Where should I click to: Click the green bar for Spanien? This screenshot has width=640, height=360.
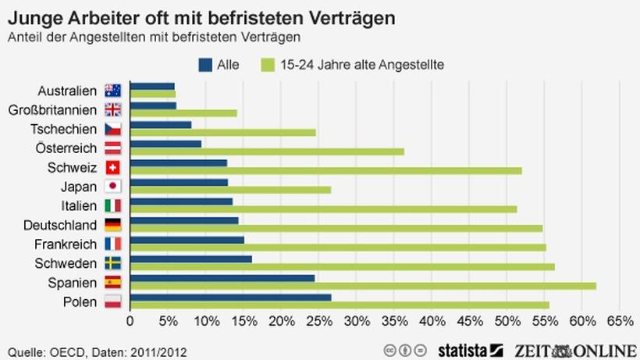pos(362,286)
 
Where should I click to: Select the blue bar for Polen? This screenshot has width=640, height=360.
pos(230,297)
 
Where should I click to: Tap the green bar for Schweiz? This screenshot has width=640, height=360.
pos(325,170)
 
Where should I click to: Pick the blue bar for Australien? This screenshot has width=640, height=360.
pos(151,87)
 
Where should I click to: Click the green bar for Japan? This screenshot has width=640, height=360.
pos(230,190)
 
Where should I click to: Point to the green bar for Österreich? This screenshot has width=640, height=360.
pos(266,151)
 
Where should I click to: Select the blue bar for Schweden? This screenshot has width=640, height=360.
pos(190,258)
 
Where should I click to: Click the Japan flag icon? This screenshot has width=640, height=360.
pos(112,187)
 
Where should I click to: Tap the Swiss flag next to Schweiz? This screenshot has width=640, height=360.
pos(112,167)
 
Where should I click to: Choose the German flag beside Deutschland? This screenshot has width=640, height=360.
pos(112,225)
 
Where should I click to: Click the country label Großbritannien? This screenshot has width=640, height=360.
pos(52,110)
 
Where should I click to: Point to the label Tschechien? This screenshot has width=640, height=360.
pos(63,129)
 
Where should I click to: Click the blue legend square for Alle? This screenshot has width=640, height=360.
pos(206,65)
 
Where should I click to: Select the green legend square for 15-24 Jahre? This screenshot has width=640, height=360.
pos(269,65)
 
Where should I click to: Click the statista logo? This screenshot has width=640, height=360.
pos(470,349)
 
